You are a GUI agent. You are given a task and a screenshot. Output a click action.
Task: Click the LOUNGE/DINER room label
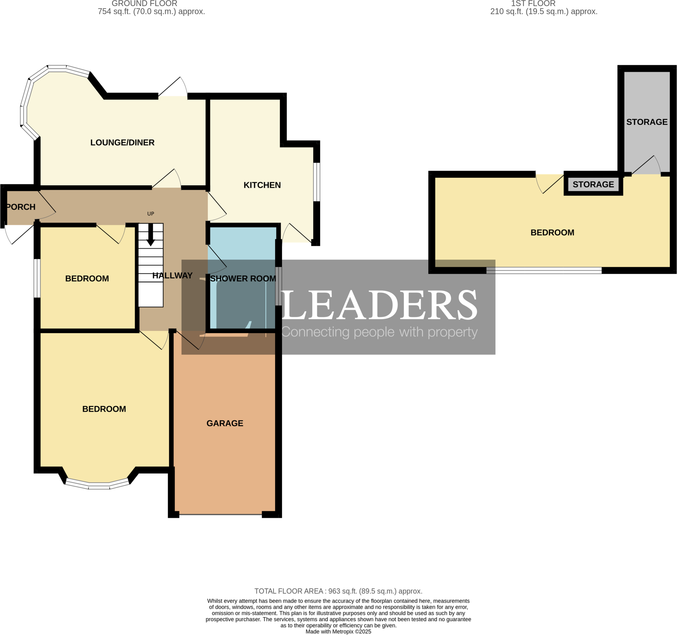pyautogui.click(x=122, y=143)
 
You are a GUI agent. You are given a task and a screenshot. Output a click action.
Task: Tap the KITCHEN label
pyautogui.click(x=262, y=185)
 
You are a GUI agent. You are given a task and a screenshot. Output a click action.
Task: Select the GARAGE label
pyautogui.click(x=225, y=423)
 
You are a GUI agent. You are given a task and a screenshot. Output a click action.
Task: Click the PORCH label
pyautogui.click(x=21, y=207)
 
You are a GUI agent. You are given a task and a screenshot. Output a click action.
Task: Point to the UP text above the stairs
pyautogui.click(x=150, y=214)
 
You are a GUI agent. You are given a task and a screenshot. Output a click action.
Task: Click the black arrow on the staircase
pyautogui.click(x=150, y=237)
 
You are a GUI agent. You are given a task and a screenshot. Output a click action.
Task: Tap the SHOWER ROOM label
pyautogui.click(x=243, y=279)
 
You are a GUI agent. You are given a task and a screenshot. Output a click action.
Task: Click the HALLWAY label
pyautogui.click(x=172, y=275)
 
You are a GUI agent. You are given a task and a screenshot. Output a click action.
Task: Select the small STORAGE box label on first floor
pyautogui.click(x=593, y=184)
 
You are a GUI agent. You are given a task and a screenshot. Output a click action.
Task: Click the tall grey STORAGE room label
pyautogui.click(x=647, y=122)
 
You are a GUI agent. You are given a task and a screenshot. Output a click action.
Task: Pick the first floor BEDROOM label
pyautogui.click(x=552, y=233)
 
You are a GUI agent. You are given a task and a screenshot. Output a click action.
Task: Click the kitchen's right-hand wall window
pyautogui.click(x=316, y=182)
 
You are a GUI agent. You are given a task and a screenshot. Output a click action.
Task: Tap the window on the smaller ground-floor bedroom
pyautogui.click(x=37, y=278)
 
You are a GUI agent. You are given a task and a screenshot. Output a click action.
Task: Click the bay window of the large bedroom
pyautogui.click(x=99, y=486)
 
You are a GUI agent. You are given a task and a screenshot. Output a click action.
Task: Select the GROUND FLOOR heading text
pyautogui.click(x=144, y=4)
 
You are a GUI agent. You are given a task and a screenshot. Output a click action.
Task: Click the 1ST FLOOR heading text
pyautogui.click(x=533, y=4)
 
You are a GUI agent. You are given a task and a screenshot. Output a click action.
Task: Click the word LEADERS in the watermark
pyautogui.click(x=378, y=305)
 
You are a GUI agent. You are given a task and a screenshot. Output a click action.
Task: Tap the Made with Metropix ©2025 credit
pyautogui.click(x=338, y=632)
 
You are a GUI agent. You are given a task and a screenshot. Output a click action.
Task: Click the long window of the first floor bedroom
pyautogui.click(x=544, y=271)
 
